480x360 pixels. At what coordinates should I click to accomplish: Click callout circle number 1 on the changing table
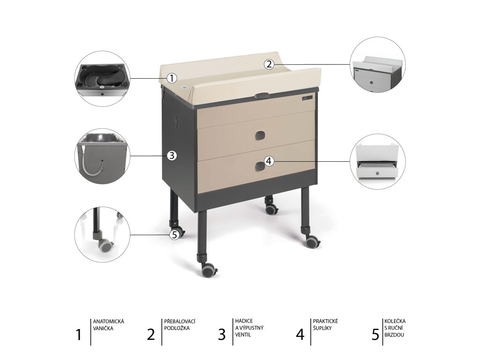point(172,78)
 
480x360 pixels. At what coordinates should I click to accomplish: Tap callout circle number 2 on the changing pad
point(269,64)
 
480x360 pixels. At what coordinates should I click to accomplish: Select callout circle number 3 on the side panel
point(172,156)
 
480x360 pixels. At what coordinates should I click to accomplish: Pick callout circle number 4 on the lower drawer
point(269,161)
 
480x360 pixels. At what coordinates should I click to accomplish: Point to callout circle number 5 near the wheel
point(174,235)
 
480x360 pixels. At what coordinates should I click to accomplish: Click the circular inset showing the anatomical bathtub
point(102,79)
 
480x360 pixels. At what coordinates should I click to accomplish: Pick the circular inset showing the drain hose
point(102,156)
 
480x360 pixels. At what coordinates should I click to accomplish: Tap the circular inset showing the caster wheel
point(102,234)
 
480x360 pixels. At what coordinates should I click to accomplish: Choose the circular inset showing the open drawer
point(378,161)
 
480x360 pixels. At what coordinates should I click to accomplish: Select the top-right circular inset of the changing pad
point(378,64)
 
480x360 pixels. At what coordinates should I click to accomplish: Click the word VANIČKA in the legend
point(103,328)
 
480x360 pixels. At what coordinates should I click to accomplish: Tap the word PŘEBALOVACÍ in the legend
point(180,322)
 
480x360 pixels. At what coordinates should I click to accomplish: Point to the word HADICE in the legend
point(244,321)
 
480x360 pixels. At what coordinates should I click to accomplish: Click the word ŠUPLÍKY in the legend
point(322,328)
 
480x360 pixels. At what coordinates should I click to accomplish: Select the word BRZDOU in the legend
point(394,335)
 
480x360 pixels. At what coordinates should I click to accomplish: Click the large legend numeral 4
point(300,334)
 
